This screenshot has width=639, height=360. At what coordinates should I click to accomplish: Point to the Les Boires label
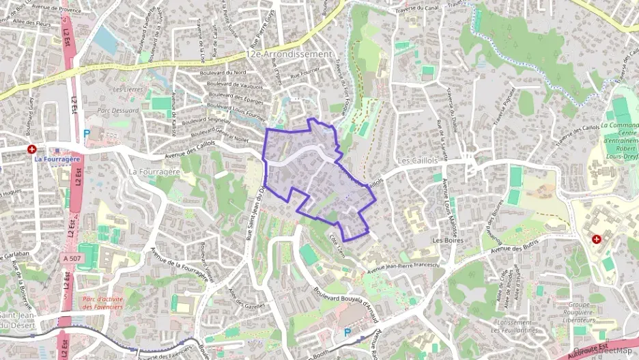(448, 240)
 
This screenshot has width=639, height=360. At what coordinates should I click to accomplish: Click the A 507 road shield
(71, 258)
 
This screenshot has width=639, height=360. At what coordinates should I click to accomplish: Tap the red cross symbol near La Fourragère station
(31, 149)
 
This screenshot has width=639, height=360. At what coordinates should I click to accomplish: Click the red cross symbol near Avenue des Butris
(597, 240)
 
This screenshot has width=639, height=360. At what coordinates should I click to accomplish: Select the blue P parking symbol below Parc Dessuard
(86, 134)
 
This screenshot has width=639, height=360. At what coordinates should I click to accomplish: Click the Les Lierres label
(126, 89)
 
